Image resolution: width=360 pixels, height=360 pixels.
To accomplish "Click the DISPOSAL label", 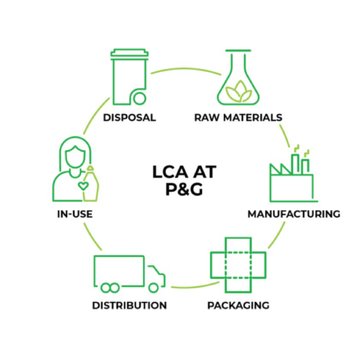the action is click(129, 118).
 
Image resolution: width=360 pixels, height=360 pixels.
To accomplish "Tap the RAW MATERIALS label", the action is click(238, 118).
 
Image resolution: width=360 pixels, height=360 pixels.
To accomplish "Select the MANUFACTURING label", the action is click(294, 214).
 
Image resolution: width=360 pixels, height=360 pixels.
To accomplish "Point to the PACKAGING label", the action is click(238, 305).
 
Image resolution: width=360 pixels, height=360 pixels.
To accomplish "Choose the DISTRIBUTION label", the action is click(129, 305).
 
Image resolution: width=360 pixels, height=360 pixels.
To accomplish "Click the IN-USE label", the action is click(71, 214).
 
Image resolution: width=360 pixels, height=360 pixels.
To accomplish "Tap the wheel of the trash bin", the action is click(139, 97).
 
